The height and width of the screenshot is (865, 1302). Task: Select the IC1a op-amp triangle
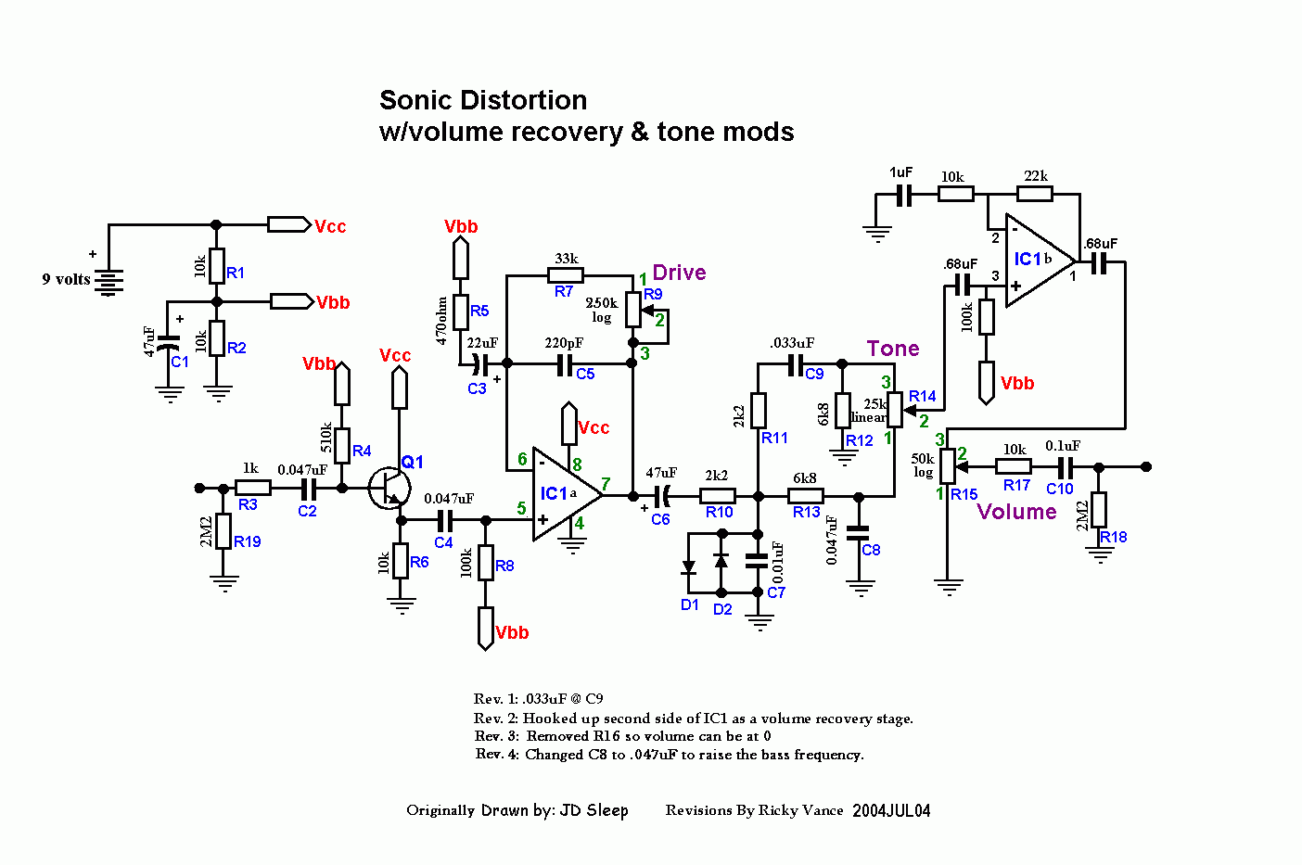(x=562, y=494)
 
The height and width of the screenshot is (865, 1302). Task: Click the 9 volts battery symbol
(x=109, y=281)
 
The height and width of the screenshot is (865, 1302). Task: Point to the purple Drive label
(x=679, y=273)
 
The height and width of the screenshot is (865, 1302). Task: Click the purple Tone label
(x=893, y=349)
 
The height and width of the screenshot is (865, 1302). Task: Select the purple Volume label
(x=1016, y=512)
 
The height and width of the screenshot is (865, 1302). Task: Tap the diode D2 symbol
(x=721, y=561)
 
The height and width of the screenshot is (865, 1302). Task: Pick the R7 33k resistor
(x=566, y=275)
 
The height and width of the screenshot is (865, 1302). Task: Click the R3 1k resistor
(x=252, y=488)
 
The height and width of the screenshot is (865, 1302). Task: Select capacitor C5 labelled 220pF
(x=565, y=363)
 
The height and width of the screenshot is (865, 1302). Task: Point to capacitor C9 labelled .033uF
(x=795, y=364)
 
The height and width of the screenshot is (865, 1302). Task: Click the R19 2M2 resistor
(x=223, y=531)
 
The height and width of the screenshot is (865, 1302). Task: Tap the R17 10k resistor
(x=1014, y=467)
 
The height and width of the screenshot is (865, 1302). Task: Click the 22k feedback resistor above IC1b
(x=1035, y=194)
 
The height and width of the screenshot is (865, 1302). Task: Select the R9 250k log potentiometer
(x=632, y=309)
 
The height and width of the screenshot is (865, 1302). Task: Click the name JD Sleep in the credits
(x=594, y=810)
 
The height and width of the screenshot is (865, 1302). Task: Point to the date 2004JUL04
(x=891, y=810)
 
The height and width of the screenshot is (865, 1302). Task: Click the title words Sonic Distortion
(x=483, y=100)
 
